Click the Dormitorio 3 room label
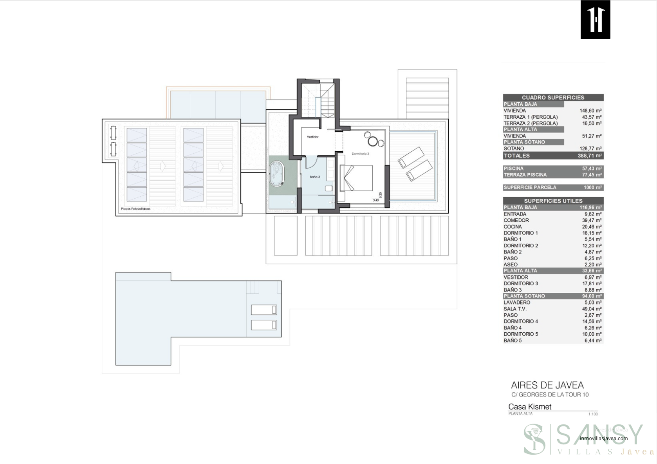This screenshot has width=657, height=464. [360, 154]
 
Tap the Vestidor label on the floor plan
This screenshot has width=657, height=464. [312, 137]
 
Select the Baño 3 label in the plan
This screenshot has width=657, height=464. [315, 177]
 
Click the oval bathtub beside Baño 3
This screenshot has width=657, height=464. [278, 174]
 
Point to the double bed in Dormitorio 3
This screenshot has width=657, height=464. [356, 178]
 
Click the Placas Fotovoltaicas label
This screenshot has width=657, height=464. [135, 209]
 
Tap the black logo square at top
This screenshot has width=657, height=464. [595, 19]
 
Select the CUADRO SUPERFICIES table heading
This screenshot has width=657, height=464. [553, 97]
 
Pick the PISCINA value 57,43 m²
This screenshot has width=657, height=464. [592, 169]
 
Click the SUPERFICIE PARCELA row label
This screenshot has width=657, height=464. [529, 187]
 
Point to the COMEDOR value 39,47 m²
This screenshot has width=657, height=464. [592, 220]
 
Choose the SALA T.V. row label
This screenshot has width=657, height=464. [515, 309]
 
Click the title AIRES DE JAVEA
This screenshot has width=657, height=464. [547, 385]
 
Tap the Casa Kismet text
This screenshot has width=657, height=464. [529, 407]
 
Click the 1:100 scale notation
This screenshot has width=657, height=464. [593, 414]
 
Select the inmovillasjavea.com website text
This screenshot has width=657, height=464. [603, 438]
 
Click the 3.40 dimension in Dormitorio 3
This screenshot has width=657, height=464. [375, 200]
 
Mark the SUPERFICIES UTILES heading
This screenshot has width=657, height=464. [553, 201]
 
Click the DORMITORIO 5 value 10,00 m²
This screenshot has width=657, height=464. [592, 334]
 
